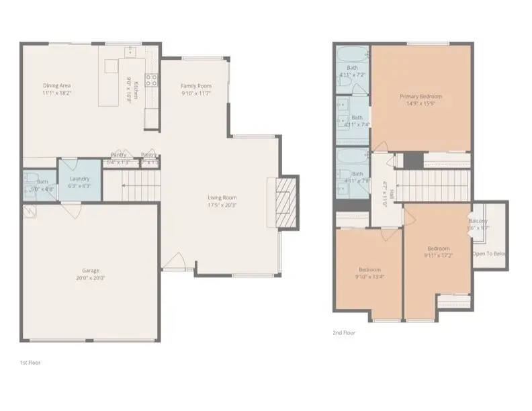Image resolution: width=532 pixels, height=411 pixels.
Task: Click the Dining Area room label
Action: tap(57, 85)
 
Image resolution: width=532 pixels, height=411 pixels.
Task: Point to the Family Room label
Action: tap(196, 86)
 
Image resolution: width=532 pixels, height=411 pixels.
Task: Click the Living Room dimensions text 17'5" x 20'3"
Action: tap(222, 205)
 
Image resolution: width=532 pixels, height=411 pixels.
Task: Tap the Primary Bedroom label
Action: tap(420, 97)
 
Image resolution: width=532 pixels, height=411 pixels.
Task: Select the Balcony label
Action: tap(478, 221)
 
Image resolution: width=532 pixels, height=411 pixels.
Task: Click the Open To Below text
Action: tap(490, 254)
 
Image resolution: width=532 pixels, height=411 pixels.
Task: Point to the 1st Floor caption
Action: tap(31, 363)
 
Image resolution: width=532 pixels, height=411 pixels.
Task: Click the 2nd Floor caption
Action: tap(345, 332)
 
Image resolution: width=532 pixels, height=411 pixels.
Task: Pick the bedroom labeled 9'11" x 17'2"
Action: tap(438, 252)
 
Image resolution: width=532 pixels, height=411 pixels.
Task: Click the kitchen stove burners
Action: tap(152, 81)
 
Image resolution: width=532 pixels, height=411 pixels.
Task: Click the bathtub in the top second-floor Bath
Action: tap(352, 54)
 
